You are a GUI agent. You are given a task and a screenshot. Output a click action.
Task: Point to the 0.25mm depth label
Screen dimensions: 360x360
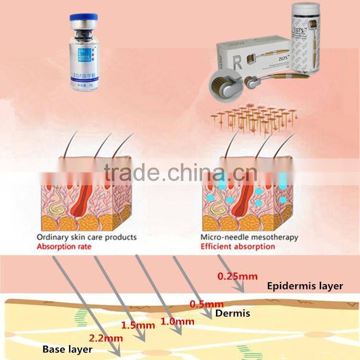238,276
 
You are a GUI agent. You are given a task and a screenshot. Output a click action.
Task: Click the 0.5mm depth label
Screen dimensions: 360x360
207,304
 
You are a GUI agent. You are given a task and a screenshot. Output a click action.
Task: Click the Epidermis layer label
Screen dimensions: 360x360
305,286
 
